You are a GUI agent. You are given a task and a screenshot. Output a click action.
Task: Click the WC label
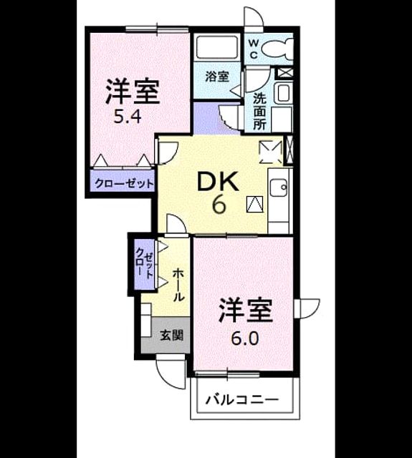point(254,49)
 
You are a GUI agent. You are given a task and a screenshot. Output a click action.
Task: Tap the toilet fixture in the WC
point(277,49)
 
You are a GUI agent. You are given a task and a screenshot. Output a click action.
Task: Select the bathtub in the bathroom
point(217,48)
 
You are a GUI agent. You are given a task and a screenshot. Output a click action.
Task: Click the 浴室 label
point(217,77)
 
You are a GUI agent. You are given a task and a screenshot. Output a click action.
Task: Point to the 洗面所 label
point(259,112)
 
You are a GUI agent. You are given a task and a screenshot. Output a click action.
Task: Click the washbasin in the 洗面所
point(284,92)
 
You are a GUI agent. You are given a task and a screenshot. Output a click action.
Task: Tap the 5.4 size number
point(128,117)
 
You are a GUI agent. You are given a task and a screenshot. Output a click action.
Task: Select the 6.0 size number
point(245,338)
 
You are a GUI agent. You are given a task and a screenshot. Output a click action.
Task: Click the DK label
point(217,181)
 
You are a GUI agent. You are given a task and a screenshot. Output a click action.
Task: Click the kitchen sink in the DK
point(279,187)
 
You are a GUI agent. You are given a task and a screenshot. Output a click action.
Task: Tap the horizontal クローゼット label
point(124,184)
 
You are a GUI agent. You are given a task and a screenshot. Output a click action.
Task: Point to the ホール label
point(178,286)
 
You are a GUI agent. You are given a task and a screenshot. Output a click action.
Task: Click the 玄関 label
point(172,336)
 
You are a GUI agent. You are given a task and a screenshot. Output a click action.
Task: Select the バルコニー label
point(241,399)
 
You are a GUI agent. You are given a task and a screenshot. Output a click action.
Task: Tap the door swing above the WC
point(254,17)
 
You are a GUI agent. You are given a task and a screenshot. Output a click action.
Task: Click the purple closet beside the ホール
point(145,264)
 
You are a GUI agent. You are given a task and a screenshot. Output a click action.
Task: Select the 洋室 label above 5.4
point(133,92)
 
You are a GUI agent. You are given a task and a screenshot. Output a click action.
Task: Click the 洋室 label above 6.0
point(246,310)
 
